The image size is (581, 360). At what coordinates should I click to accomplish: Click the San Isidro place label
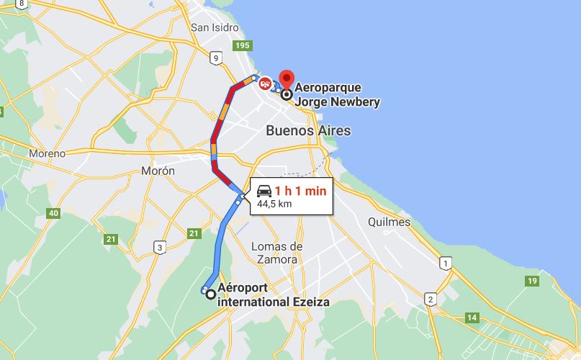pyautogui.click(x=215, y=27)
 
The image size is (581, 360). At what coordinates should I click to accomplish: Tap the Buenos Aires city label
pyautogui.click(x=308, y=130)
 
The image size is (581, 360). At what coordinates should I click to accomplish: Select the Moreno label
pyautogui.click(x=47, y=153)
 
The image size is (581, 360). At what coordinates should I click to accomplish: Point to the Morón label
pyautogui.click(x=158, y=171)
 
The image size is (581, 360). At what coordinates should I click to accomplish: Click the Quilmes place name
pyautogui.click(x=389, y=222)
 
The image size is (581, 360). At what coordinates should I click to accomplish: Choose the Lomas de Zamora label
pyautogui.click(x=276, y=252)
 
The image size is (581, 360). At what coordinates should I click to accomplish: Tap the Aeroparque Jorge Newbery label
pyautogui.click(x=337, y=94)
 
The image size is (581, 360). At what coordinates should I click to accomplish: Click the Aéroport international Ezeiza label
pyautogui.click(x=273, y=294)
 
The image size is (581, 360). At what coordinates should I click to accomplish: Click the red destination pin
pyautogui.click(x=287, y=79)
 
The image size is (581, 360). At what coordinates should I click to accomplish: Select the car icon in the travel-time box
pyautogui.click(x=264, y=191)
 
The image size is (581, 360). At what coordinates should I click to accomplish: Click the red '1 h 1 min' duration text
pyautogui.click(x=300, y=191)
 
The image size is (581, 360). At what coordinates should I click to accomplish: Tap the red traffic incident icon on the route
pyautogui.click(x=265, y=84)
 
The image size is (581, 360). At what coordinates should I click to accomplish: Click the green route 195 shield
pyautogui.click(x=243, y=46)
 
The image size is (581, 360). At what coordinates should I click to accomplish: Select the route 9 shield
pyautogui.click(x=215, y=57)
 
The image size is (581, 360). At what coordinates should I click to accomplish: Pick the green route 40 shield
pyautogui.click(x=53, y=213)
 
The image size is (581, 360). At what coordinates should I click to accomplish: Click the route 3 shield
pyautogui.click(x=158, y=248)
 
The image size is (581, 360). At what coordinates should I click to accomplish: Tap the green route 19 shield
pyautogui.click(x=532, y=281)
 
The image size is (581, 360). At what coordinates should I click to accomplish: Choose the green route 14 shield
pyautogui.click(x=472, y=317)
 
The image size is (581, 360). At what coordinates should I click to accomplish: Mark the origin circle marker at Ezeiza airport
pyautogui.click(x=210, y=293)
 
